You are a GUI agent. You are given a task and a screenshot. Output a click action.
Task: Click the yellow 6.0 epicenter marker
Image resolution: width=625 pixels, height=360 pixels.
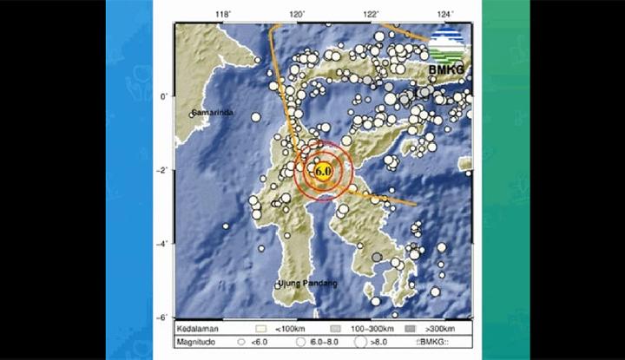(322, 170)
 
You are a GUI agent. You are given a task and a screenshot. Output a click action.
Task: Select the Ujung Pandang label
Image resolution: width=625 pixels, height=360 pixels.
(307, 284)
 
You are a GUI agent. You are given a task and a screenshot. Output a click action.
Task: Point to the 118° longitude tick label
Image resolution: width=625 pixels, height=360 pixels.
(223, 14)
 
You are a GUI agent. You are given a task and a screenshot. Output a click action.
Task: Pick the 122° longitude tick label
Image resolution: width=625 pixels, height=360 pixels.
(372, 14)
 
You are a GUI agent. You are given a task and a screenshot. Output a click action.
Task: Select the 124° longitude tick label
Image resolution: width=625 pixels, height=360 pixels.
(445, 14)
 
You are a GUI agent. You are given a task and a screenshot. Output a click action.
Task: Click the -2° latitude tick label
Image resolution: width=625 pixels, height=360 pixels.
(162, 171)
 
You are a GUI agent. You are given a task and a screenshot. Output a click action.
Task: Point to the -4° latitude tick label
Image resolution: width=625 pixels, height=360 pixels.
(162, 245)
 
